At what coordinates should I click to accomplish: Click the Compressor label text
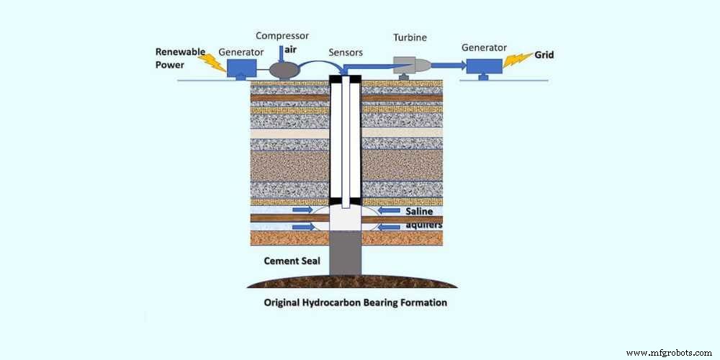coord(283,37)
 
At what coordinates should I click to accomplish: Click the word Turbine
coord(410,37)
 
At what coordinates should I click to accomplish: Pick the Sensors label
coord(345,53)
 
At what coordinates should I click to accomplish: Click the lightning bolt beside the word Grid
coord(517,62)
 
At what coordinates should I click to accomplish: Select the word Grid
coord(544,54)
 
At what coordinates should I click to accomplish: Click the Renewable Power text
coord(176,57)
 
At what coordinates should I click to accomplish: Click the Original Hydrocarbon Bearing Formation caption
coord(354,302)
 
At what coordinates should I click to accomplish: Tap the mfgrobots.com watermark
coord(668,353)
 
